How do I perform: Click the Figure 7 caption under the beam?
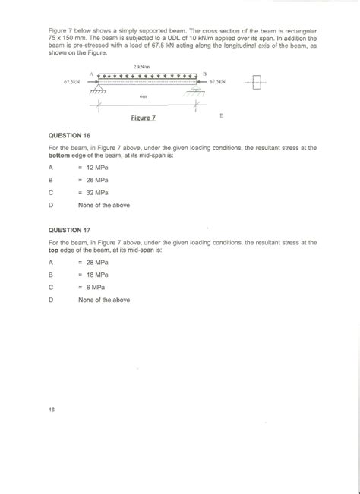point(144,119)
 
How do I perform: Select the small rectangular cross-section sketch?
point(259,80)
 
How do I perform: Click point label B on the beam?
point(204,73)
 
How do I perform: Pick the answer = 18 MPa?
point(94,274)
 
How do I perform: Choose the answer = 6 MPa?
point(92,287)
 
